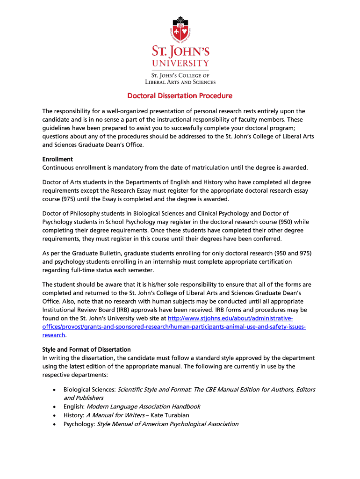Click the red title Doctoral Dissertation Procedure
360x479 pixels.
180,96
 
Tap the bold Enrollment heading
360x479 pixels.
58,159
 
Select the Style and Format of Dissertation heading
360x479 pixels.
86,349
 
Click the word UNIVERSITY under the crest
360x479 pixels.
180,63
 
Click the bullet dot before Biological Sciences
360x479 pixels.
55,390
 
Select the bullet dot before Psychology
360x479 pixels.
55,424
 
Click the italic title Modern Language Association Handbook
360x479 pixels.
144,406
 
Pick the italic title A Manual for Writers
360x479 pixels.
115,415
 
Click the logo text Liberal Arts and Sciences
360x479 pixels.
180,82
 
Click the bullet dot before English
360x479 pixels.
55,407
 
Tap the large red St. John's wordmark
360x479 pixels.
180,50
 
